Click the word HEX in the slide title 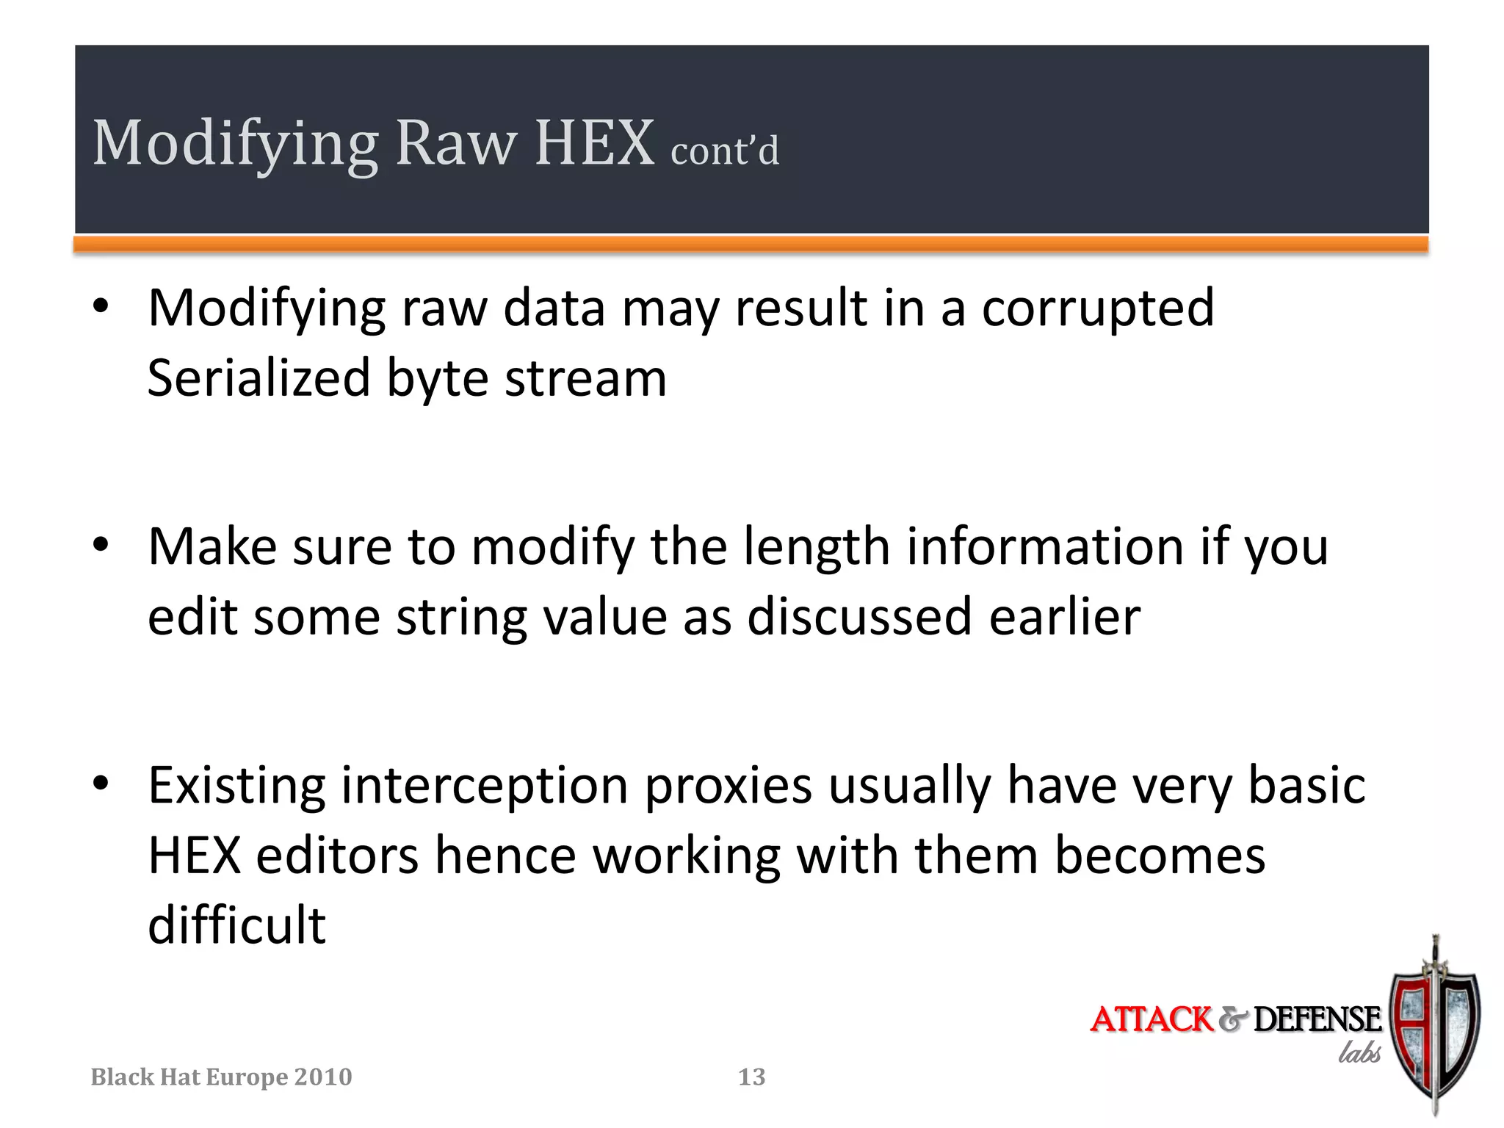point(594,143)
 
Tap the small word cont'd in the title point(725,151)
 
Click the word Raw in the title point(456,143)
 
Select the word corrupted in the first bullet point(1098,308)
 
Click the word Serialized point(258,378)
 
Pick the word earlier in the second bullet point(1065,617)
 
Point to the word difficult point(236,925)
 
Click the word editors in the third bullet point(337,856)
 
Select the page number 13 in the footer point(751,1077)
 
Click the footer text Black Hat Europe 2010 point(221,1077)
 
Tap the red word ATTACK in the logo point(1151,1019)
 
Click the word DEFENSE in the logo point(1317,1019)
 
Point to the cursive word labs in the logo point(1359,1053)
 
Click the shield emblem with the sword point(1436,1028)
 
